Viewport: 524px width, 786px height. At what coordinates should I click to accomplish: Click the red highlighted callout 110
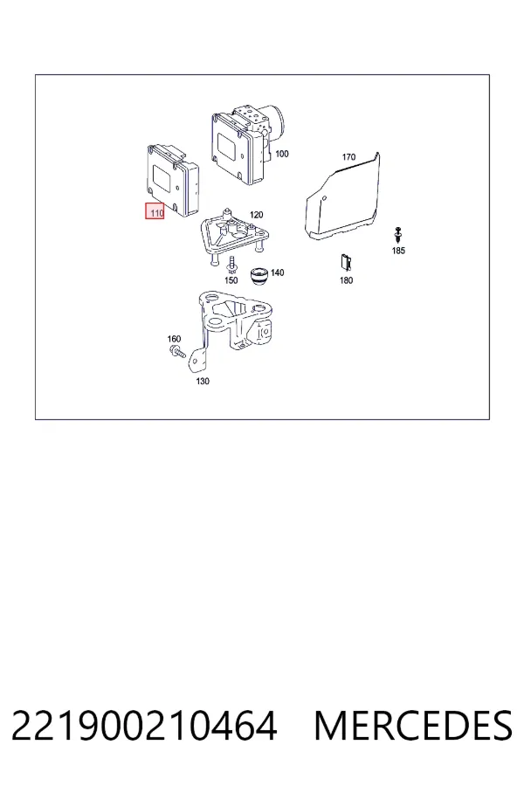click(x=155, y=211)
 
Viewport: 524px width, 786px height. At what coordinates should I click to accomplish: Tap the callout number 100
click(x=282, y=154)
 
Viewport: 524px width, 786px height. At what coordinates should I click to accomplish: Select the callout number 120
click(x=256, y=215)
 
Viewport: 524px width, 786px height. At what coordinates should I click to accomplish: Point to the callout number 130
click(x=203, y=381)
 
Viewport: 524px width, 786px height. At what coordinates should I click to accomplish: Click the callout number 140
click(x=278, y=272)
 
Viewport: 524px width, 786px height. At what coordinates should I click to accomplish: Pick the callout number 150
click(x=231, y=280)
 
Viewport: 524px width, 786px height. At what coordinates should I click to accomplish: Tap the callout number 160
click(x=174, y=339)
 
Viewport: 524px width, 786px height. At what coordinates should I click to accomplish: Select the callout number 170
click(x=349, y=157)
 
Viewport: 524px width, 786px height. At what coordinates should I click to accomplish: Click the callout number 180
click(x=347, y=280)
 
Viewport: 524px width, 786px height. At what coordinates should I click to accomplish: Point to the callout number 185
click(x=398, y=251)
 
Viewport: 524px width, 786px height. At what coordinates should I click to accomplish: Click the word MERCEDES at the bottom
click(x=413, y=726)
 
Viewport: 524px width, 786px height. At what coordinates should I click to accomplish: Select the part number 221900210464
click(x=144, y=726)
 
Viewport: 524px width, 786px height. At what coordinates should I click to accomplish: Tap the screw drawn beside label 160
click(x=177, y=351)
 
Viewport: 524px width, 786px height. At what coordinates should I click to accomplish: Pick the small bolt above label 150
click(x=231, y=265)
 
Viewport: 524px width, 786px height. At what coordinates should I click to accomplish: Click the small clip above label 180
click(x=346, y=263)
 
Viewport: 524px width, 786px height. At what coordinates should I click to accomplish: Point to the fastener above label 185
click(x=398, y=236)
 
